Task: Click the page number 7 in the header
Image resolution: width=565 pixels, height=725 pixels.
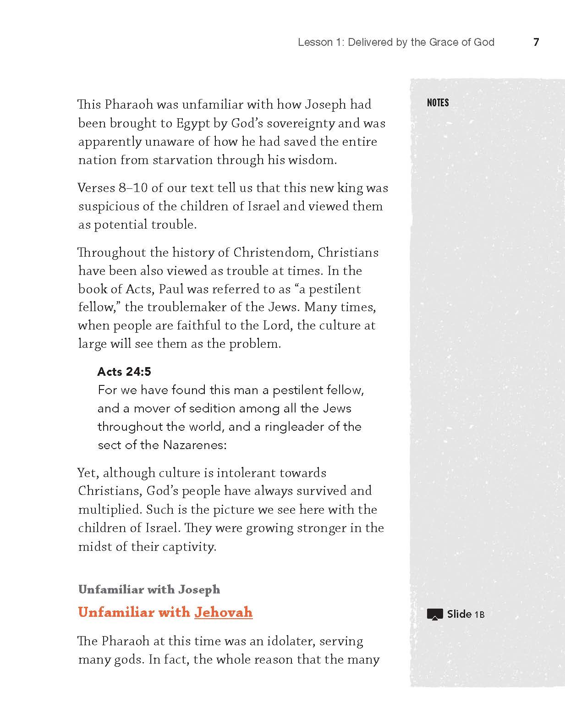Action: (536, 42)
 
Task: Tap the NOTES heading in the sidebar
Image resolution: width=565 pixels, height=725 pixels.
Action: (438, 103)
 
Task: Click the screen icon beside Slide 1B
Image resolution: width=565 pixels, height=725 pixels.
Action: (435, 614)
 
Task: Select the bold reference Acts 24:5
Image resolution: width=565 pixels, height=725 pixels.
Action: (124, 371)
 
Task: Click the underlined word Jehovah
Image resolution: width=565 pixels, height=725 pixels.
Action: (223, 612)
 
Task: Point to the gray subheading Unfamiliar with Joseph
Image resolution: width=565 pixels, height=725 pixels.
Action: (149, 589)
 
